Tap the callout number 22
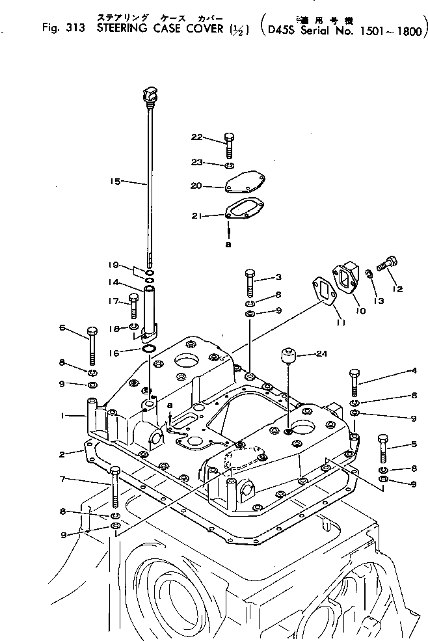click(x=197, y=137)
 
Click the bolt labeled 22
click(x=229, y=144)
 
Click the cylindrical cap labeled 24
click(x=286, y=357)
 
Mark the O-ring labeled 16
click(x=149, y=351)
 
